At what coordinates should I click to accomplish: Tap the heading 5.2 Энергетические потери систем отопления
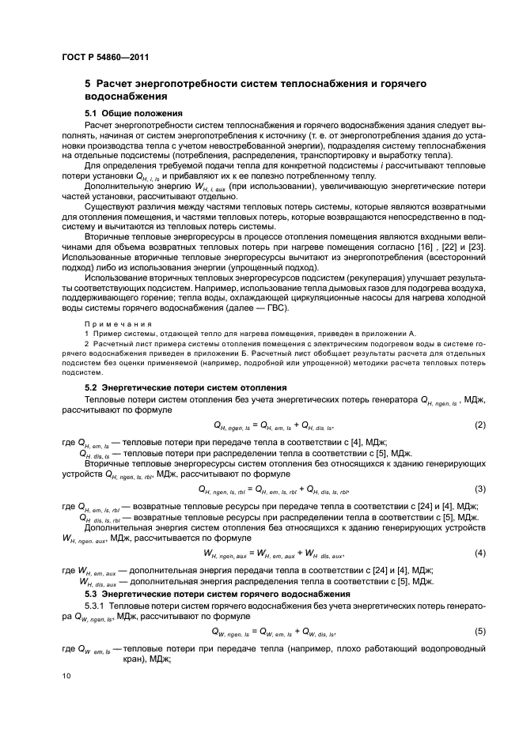click(x=185, y=387)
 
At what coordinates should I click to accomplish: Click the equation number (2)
click(x=479, y=425)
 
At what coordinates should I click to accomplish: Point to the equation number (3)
click(x=479, y=489)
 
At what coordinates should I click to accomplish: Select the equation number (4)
click(x=479, y=552)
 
